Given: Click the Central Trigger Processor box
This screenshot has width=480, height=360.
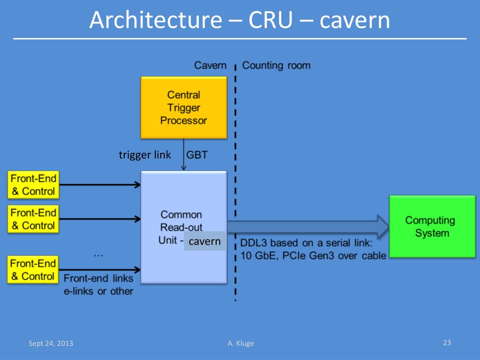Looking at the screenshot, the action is [184, 107].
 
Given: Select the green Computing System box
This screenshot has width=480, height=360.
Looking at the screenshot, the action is [432, 226].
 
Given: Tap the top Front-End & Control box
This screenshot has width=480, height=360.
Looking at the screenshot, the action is [33, 185].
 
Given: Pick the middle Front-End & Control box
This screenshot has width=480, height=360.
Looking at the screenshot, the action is [33, 219].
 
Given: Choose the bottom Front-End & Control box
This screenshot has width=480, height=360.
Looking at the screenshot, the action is [33, 270].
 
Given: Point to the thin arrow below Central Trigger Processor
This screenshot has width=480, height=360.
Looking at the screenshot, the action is [184, 155].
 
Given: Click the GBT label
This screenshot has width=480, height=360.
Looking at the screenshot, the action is [197, 155].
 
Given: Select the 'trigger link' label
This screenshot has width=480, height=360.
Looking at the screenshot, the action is [145, 155].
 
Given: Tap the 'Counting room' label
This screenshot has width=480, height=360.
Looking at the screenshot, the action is [276, 66].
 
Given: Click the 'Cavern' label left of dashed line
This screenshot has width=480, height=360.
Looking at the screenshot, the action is [210, 65].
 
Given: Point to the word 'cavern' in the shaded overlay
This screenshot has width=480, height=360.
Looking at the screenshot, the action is [204, 241].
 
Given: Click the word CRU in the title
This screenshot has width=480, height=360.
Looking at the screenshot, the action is [270, 20].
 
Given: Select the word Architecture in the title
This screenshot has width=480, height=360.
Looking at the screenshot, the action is [156, 20].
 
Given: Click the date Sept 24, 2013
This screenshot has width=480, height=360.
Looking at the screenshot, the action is [51, 344].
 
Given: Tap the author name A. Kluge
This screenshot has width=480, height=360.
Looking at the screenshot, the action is [241, 344].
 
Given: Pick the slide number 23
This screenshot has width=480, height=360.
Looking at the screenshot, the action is [447, 343].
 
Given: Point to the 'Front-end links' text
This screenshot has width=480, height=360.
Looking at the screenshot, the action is [98, 278].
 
